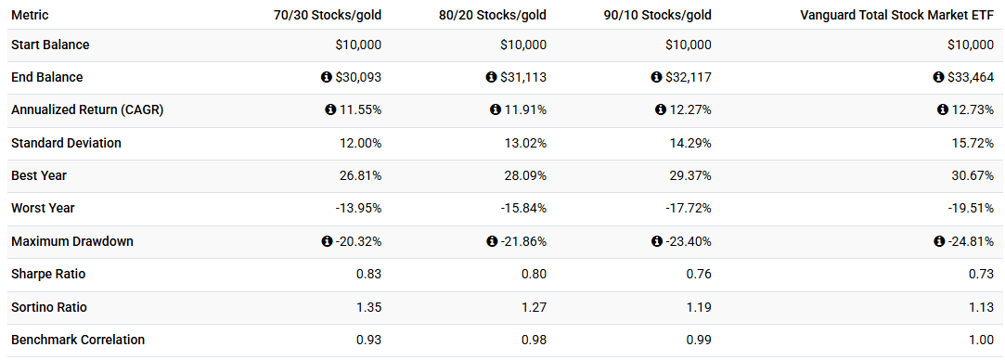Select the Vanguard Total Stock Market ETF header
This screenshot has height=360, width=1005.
point(897,16)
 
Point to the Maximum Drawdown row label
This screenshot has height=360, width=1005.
point(72,241)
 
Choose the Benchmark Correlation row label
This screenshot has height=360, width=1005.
point(78,340)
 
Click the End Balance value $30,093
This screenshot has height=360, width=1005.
point(358,77)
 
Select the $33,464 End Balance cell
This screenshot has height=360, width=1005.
point(972,77)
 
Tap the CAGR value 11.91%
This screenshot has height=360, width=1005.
point(524,109)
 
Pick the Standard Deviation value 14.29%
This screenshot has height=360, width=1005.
point(690,143)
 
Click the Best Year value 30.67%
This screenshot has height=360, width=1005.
point(973,175)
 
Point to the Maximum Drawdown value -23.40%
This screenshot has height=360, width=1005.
point(689,241)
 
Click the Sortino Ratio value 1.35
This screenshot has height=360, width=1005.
point(368,307)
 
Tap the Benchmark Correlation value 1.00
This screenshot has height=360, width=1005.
point(981,340)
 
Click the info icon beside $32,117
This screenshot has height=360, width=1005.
point(656,77)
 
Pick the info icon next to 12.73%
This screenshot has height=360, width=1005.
point(943,109)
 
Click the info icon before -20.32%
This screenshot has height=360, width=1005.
point(326,241)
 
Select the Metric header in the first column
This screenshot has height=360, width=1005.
point(30,16)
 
